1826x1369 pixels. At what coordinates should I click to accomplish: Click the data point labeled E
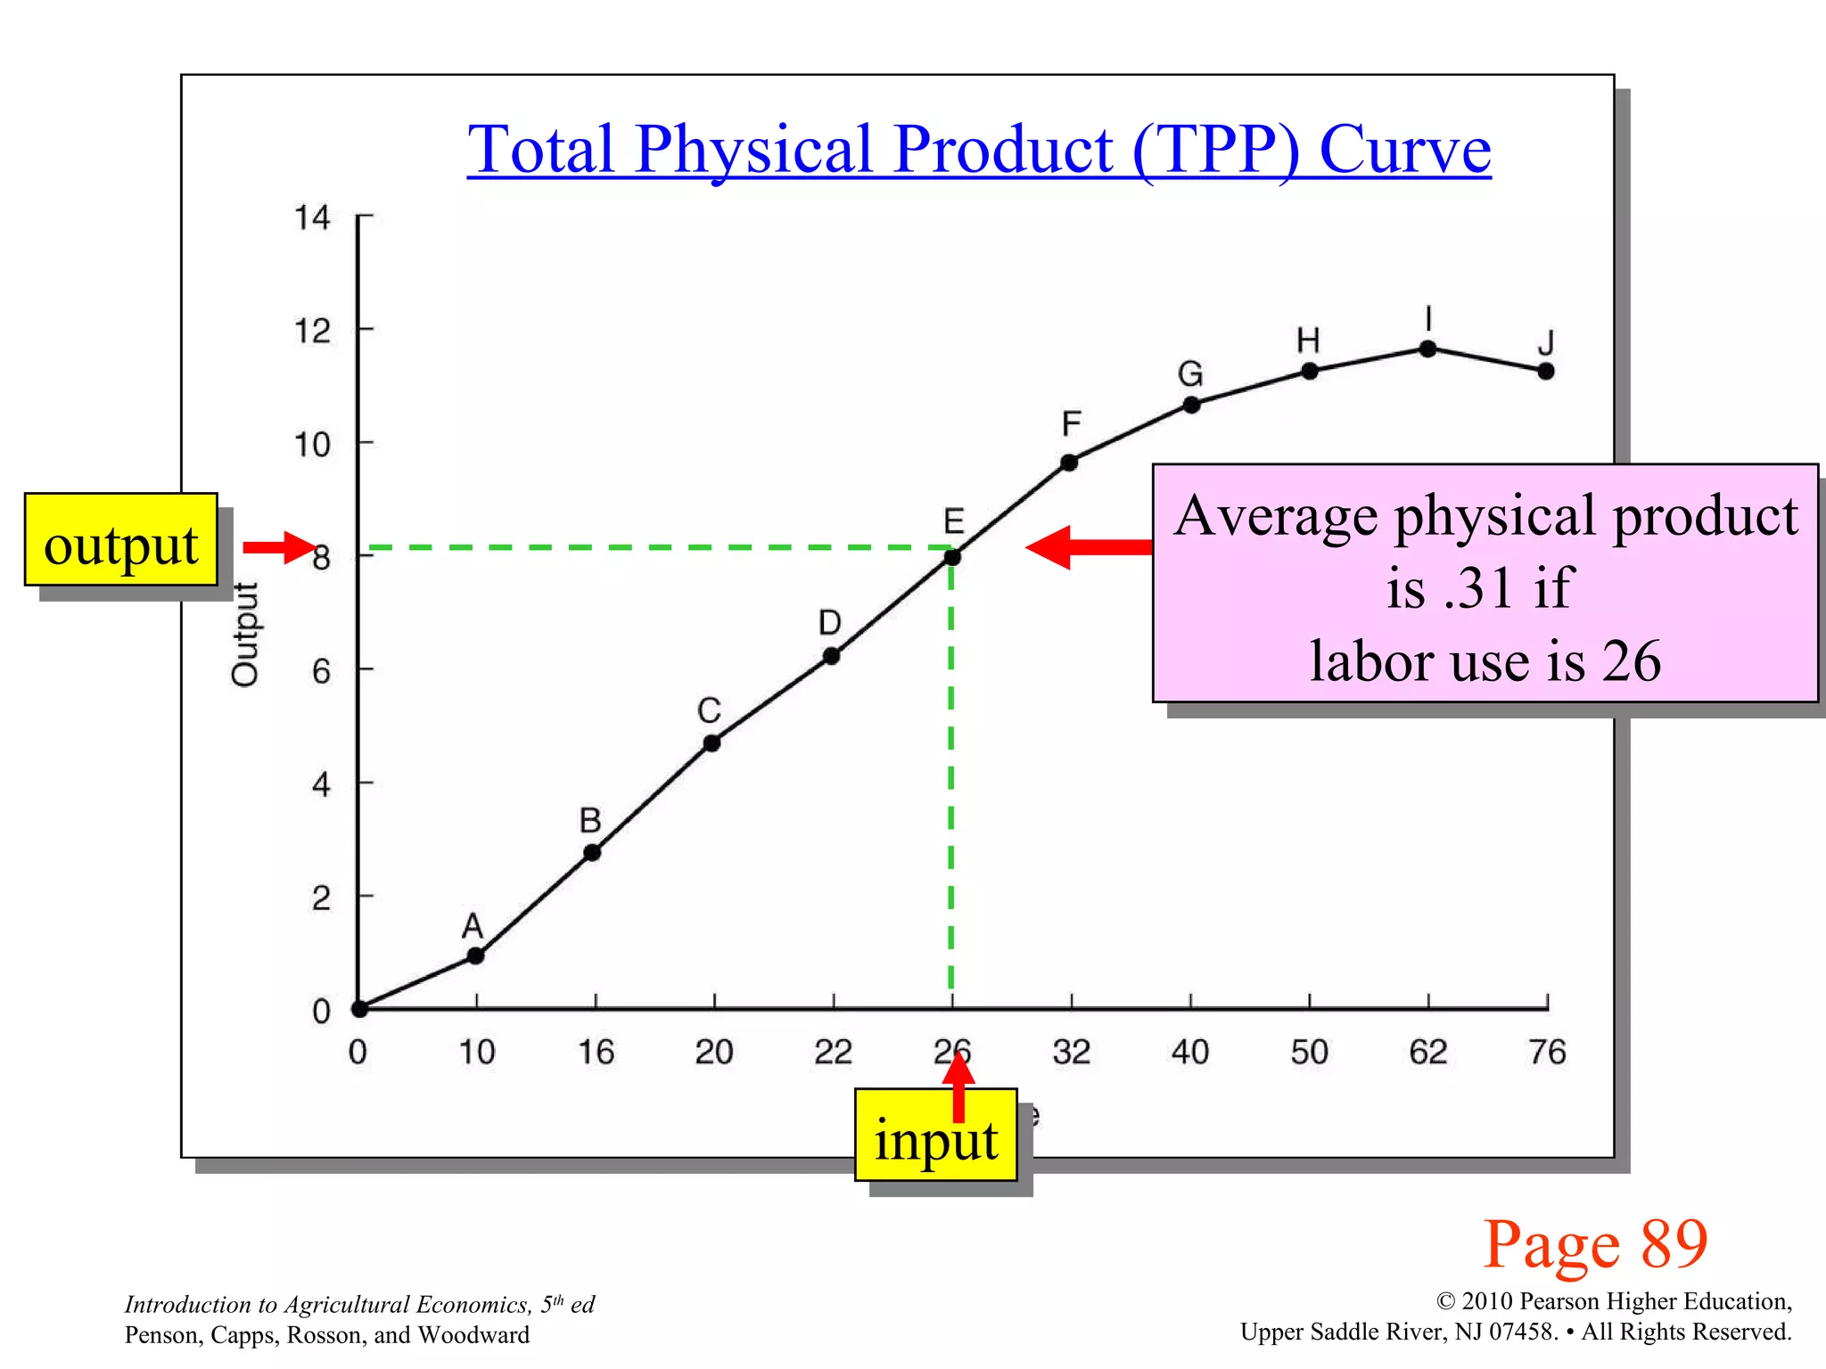[952, 558]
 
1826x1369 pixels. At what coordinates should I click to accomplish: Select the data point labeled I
[1427, 348]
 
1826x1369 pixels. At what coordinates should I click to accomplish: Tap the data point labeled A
[476, 955]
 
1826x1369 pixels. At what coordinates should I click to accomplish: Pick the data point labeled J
[1546, 371]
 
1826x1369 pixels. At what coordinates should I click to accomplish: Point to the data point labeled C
[711, 743]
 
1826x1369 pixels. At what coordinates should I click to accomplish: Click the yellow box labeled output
[121, 540]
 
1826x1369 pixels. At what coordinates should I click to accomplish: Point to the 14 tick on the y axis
[312, 217]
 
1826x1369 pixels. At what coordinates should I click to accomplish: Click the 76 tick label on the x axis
[1547, 1053]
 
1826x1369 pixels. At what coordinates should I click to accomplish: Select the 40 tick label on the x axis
[1190, 1053]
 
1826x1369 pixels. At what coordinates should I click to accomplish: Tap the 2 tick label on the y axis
[321, 898]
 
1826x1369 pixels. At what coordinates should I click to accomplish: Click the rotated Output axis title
[245, 634]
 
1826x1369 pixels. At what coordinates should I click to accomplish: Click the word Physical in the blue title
[753, 149]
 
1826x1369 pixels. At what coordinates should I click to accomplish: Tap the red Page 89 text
[1595, 1244]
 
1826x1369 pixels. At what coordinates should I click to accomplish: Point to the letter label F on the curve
[1071, 423]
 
